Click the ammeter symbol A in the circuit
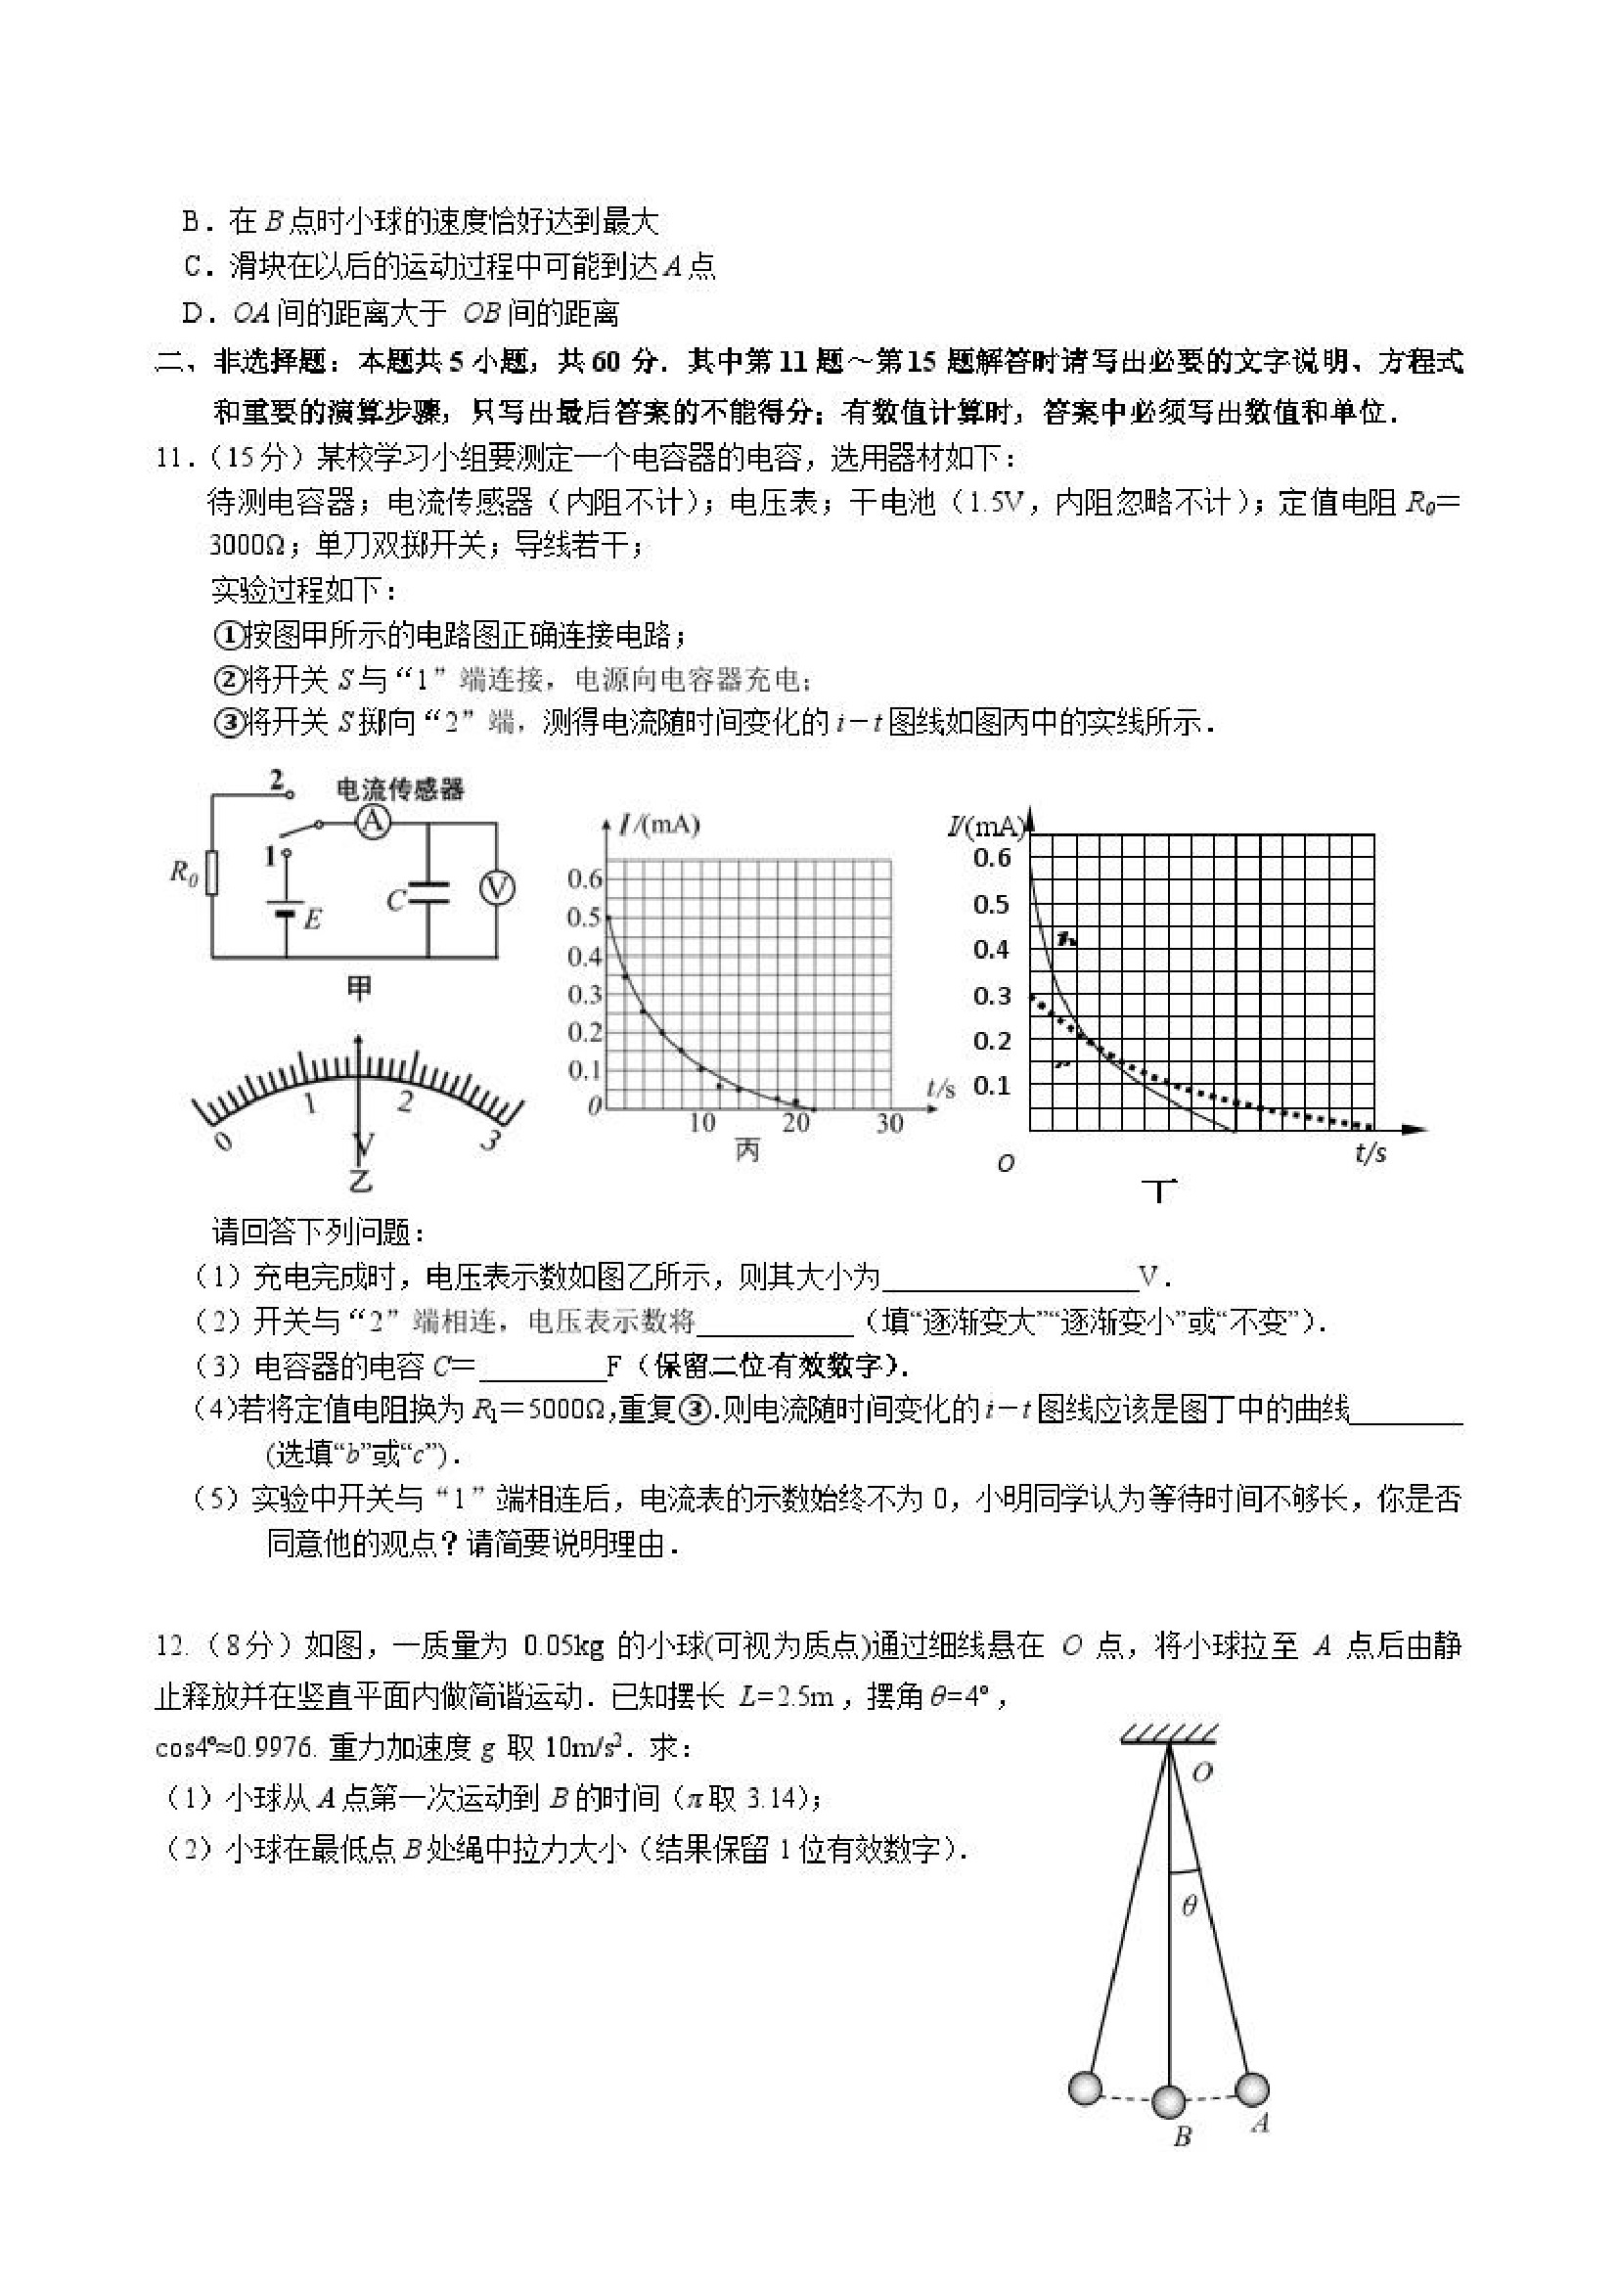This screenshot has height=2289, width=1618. (371, 822)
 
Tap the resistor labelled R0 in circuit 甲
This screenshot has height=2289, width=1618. (211, 874)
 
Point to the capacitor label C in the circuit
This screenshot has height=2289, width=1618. (396, 900)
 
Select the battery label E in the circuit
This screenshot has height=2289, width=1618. (312, 919)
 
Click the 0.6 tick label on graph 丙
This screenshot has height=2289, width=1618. (584, 878)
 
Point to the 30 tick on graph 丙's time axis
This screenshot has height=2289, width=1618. (888, 1124)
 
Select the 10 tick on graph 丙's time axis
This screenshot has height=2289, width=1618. (701, 1124)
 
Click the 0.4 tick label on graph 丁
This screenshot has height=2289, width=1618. (991, 949)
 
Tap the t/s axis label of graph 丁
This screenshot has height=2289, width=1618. (1371, 1153)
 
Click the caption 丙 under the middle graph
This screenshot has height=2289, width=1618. (746, 1151)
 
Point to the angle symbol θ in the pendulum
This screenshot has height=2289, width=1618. (1189, 1907)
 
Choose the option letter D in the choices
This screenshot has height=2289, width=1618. (193, 314)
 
